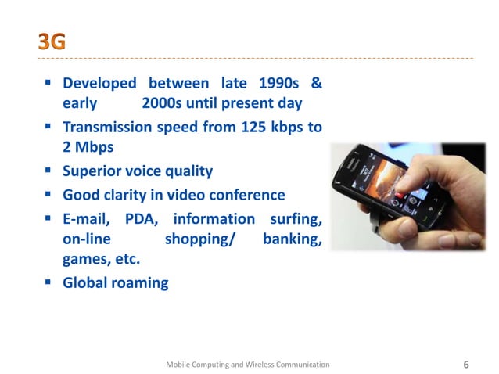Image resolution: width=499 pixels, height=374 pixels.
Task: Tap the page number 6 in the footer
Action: [467, 365]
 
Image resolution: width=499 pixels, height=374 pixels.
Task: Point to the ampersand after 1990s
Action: [316, 83]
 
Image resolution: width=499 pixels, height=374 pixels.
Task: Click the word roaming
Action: [141, 283]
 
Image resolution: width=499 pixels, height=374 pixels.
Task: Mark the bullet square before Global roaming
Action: [49, 282]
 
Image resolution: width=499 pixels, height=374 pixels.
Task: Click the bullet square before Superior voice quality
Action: [49, 170]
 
